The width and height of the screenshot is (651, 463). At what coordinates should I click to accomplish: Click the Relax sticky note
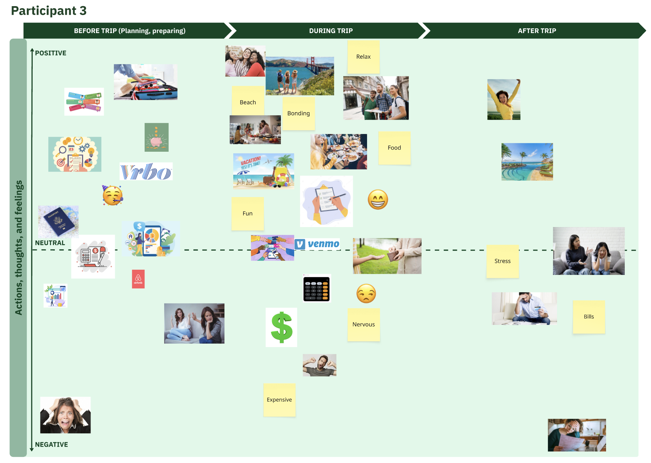pyautogui.click(x=363, y=57)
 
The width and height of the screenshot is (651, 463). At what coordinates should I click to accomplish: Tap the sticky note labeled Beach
pyautogui.click(x=248, y=101)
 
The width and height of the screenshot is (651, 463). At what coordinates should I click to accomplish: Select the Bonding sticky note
pyautogui.click(x=299, y=114)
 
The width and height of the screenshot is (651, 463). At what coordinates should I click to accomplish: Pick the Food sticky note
pyautogui.click(x=394, y=148)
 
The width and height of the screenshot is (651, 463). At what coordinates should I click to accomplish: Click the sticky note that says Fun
pyautogui.click(x=248, y=213)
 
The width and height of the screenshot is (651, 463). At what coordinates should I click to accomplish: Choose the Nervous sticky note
pyautogui.click(x=364, y=325)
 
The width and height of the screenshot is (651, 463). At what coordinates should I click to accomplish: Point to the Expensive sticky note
pyautogui.click(x=279, y=400)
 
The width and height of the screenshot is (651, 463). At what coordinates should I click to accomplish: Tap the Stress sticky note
pyautogui.click(x=503, y=261)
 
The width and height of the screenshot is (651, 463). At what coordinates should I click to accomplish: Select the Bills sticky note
pyautogui.click(x=589, y=317)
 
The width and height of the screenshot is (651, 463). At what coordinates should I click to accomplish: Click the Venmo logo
pyautogui.click(x=317, y=244)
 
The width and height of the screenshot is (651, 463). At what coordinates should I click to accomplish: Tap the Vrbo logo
pyautogui.click(x=146, y=171)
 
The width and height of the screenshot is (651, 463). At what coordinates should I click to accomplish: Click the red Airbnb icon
pyautogui.click(x=138, y=279)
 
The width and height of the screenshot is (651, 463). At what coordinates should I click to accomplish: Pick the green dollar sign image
pyautogui.click(x=281, y=327)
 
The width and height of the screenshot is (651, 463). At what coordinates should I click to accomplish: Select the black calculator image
pyautogui.click(x=317, y=288)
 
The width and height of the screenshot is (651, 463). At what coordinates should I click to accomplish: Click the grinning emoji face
pyautogui.click(x=378, y=199)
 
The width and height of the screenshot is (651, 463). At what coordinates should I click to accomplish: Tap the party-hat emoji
pyautogui.click(x=112, y=195)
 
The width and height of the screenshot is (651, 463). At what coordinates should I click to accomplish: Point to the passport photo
pyautogui.click(x=58, y=221)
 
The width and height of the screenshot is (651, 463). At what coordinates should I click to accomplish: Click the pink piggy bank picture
pyautogui.click(x=157, y=137)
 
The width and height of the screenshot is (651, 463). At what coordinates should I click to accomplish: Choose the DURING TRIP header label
pyautogui.click(x=331, y=31)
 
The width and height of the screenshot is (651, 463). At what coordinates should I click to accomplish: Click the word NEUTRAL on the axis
pyautogui.click(x=50, y=243)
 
